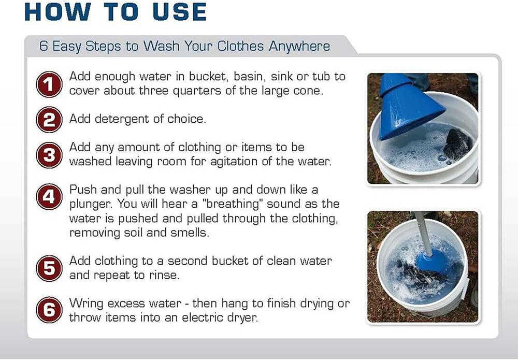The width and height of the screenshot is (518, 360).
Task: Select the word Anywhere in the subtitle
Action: (x=299, y=46)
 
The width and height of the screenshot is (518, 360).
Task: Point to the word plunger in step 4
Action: (x=92, y=204)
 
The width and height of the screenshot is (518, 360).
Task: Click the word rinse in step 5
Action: (x=164, y=275)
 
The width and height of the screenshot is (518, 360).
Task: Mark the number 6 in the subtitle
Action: (x=45, y=46)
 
